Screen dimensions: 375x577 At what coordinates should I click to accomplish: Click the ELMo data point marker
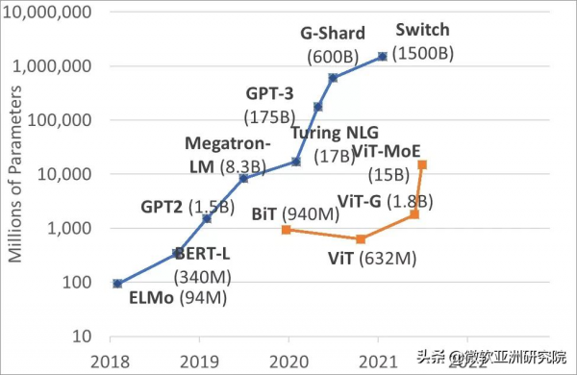point(116,284)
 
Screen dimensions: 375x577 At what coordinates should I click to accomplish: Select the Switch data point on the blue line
point(383,57)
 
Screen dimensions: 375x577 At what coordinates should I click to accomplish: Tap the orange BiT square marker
point(287,230)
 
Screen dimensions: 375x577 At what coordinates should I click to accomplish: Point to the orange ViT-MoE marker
point(422,165)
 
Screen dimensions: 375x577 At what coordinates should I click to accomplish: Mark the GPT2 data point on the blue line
point(207,218)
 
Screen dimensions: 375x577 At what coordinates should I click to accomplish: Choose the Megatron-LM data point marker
point(243,178)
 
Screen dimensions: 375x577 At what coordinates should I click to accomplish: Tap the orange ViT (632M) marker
point(361,239)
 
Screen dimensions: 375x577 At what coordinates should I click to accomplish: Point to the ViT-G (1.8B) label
point(385,201)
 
